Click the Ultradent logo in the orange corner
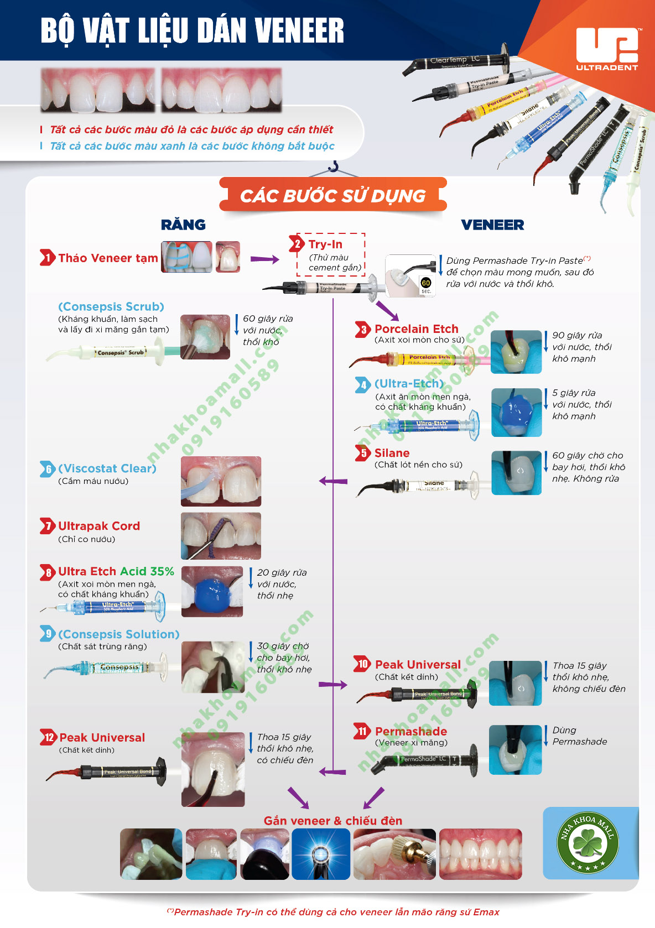607,49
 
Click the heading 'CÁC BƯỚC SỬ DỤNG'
332,195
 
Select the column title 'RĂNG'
183,225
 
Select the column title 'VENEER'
492,225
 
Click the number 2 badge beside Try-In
297,244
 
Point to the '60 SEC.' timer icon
425,285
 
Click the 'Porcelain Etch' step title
416,329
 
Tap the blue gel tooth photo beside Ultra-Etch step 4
516,412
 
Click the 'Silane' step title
392,453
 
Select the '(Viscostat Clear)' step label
107,468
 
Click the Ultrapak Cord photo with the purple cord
221,536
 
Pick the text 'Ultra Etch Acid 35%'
116,571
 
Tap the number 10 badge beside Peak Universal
362,664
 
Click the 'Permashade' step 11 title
411,731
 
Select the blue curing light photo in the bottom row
321,854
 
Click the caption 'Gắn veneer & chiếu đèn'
332,821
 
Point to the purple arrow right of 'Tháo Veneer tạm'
264,259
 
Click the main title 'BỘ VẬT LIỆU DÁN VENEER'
192,31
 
